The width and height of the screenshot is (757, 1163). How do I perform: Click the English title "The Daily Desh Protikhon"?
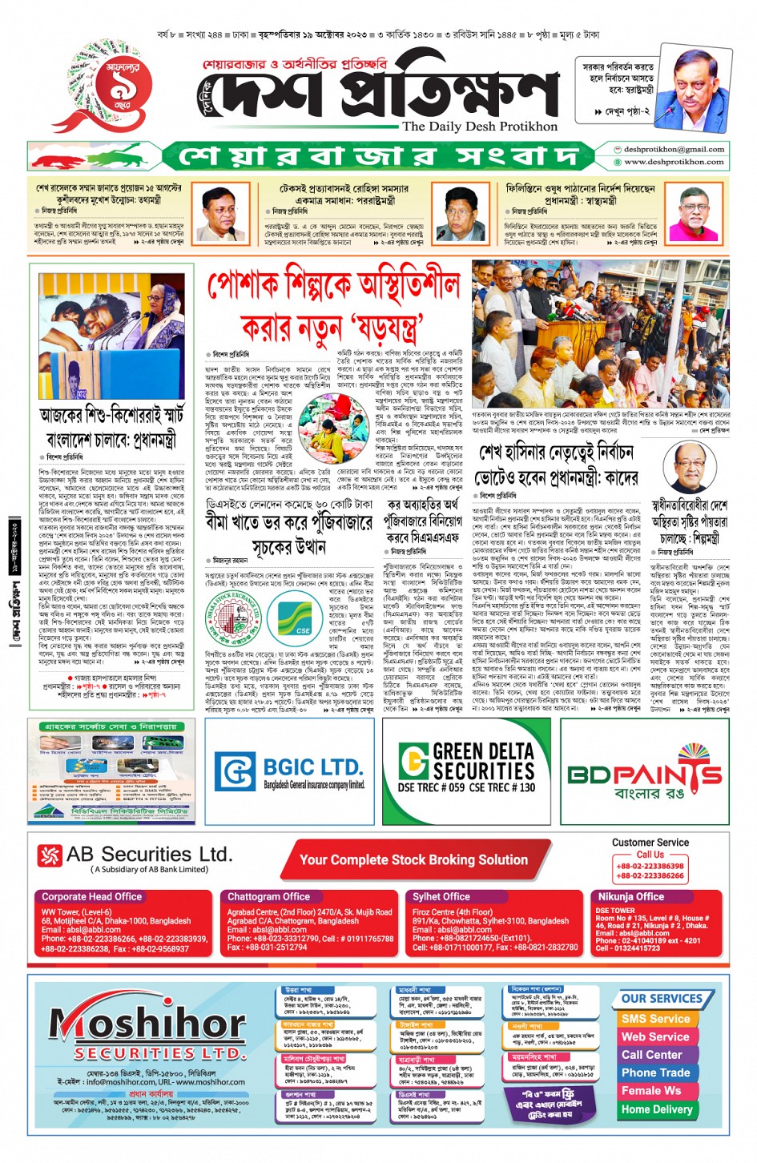(479, 127)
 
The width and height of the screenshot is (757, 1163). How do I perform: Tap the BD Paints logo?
(644, 774)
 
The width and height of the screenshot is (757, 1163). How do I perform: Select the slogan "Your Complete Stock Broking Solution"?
(413, 860)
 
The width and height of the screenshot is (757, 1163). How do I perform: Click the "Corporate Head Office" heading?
(91, 897)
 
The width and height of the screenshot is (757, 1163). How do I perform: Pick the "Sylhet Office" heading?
(441, 897)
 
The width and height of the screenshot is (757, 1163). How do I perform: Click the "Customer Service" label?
(650, 843)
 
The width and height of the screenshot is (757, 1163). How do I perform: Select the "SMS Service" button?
(655, 1019)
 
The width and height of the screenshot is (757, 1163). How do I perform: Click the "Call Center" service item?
(651, 1055)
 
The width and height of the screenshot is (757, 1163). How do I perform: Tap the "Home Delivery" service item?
(656, 1109)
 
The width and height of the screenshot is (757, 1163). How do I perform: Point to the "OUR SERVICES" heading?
(662, 999)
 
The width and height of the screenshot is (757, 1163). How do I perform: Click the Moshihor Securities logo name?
(137, 1024)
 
